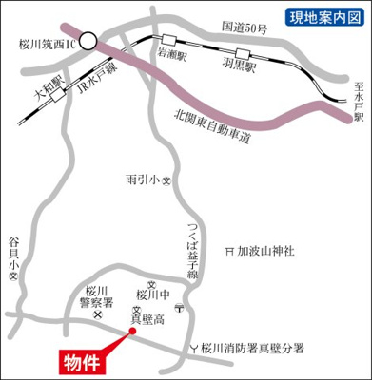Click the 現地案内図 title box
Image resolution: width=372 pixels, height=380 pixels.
point(324,16)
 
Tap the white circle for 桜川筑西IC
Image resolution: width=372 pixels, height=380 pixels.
point(88,40)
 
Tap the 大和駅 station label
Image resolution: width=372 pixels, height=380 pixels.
point(46,94)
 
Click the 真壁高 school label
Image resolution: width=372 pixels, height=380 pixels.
point(147,317)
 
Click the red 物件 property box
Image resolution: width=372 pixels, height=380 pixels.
point(83,362)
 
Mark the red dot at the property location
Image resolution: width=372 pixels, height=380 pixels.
point(131,332)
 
